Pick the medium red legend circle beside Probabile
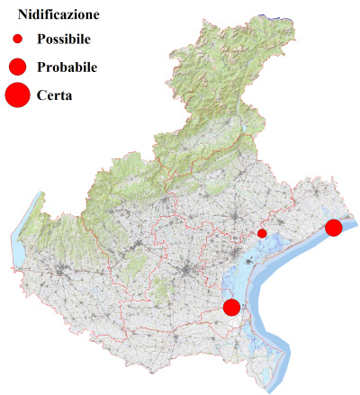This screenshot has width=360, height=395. [x=17, y=67]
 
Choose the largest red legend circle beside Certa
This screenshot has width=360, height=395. [x=17, y=94]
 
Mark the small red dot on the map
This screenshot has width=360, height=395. [x=262, y=233]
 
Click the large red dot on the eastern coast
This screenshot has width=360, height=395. [x=333, y=228]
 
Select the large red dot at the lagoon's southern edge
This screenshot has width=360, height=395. [x=231, y=307]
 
